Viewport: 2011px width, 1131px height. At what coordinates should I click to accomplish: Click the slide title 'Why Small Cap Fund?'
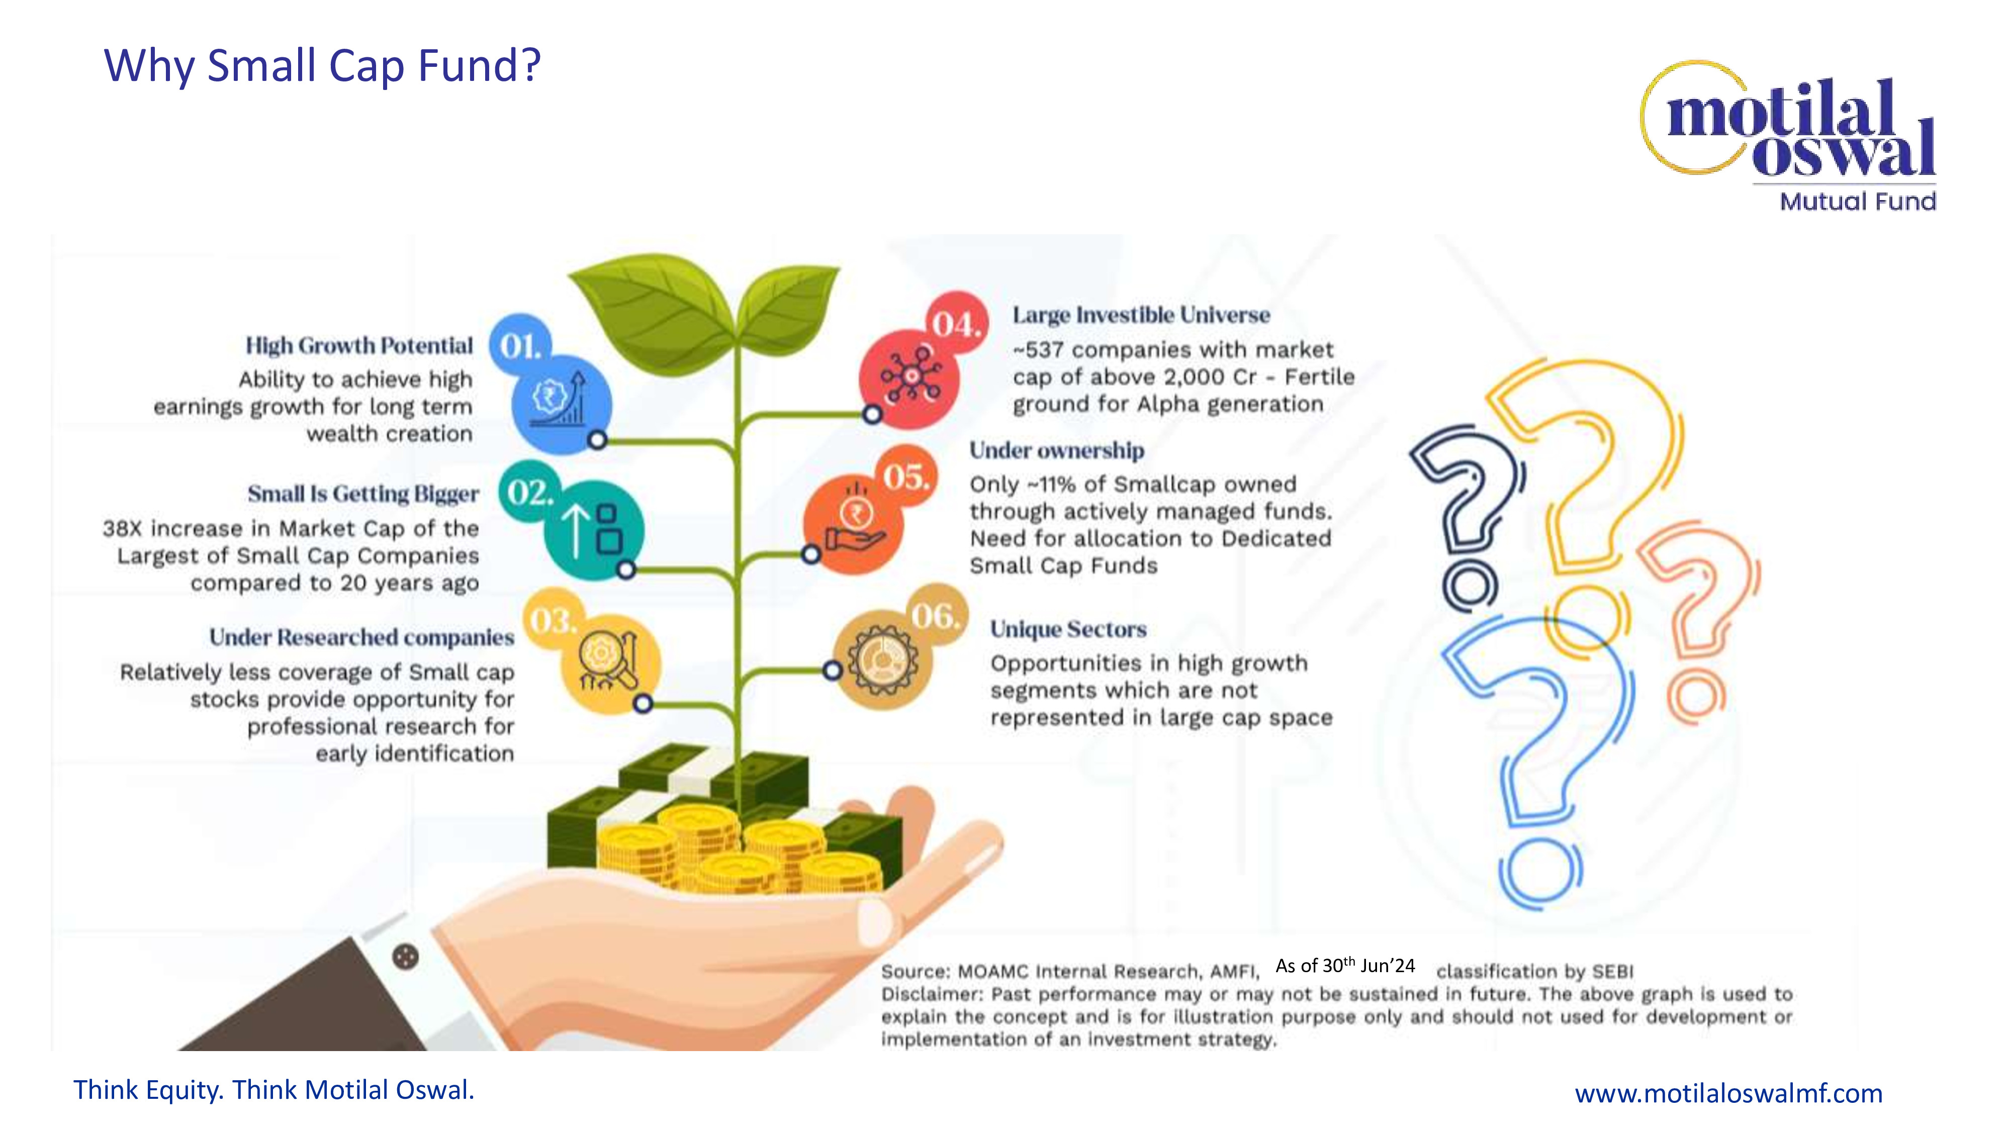pos(322,65)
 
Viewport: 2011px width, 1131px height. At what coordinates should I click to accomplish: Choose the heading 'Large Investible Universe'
pos(1141,315)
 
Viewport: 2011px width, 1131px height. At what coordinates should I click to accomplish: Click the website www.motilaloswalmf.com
pos(1728,1093)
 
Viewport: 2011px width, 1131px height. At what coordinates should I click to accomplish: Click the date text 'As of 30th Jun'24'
pos(1345,966)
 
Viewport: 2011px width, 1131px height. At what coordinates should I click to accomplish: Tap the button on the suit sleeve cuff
pos(405,956)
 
